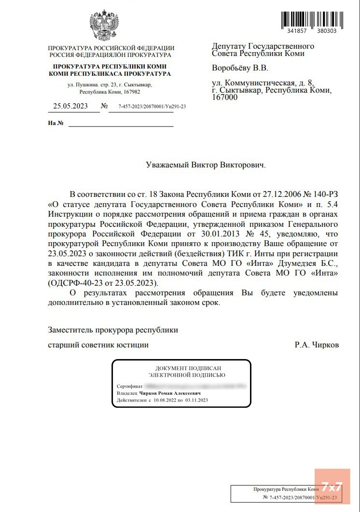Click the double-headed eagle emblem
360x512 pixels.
pyautogui.click(x=104, y=24)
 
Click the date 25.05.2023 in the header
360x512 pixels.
pyautogui.click(x=70, y=106)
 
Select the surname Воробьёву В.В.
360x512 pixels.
pyautogui.click(x=240, y=68)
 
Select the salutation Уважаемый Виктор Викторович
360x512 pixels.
pyautogui.click(x=206, y=165)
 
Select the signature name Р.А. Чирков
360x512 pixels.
pyautogui.click(x=317, y=345)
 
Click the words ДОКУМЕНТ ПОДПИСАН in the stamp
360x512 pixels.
pyautogui.click(x=181, y=368)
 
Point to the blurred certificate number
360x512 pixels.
pyautogui.click(x=196, y=386)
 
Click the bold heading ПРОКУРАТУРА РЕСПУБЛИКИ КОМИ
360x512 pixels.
pyautogui.click(x=110, y=66)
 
